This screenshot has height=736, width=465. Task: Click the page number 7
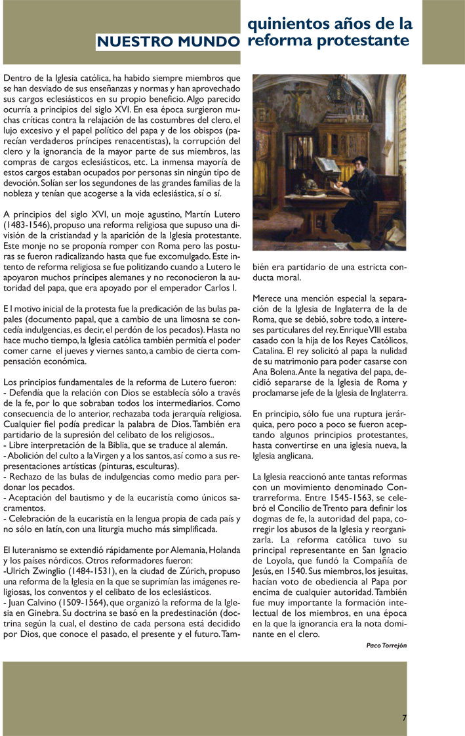pyautogui.click(x=405, y=718)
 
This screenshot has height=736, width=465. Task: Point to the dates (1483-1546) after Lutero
pyautogui.click(x=30, y=224)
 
